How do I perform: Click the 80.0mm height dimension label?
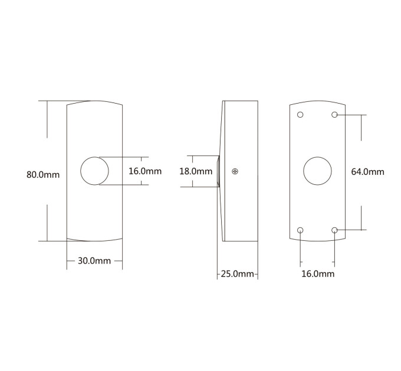pyautogui.click(x=43, y=175)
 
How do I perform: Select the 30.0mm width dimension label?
pyautogui.click(x=94, y=261)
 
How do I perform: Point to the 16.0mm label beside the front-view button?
pyautogui.click(x=145, y=171)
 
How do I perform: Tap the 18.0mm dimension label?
pyautogui.click(x=196, y=171)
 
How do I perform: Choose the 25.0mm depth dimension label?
pyautogui.click(x=237, y=274)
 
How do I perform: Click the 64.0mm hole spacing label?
pyautogui.click(x=367, y=172)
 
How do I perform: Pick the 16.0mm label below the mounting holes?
pyautogui.click(x=318, y=274)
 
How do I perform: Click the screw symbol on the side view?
pyautogui.click(x=235, y=171)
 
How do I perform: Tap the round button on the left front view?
pyautogui.click(x=94, y=157)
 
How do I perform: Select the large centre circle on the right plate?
pyautogui.click(x=317, y=157)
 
